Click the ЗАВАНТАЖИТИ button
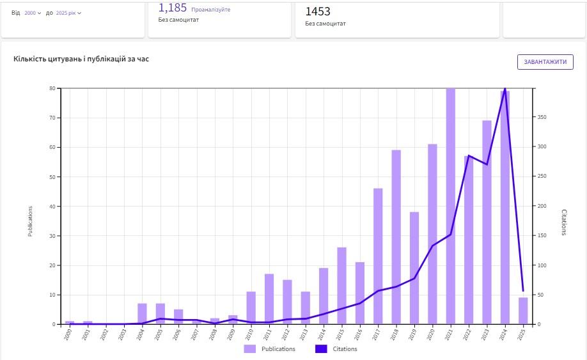(x=545, y=62)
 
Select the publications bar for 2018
(x=396, y=237)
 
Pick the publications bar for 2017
(x=378, y=256)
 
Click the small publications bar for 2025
(x=523, y=311)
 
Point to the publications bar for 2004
(x=142, y=314)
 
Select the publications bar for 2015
(x=341, y=285)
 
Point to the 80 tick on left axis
(x=54, y=88)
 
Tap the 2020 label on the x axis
(x=431, y=334)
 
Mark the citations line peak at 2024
(x=505, y=89)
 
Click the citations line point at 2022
(x=469, y=155)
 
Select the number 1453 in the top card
(x=318, y=11)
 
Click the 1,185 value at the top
(x=173, y=8)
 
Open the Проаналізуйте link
(x=210, y=10)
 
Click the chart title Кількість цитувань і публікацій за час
(x=81, y=59)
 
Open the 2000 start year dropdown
(x=33, y=13)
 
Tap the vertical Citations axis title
(x=564, y=222)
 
